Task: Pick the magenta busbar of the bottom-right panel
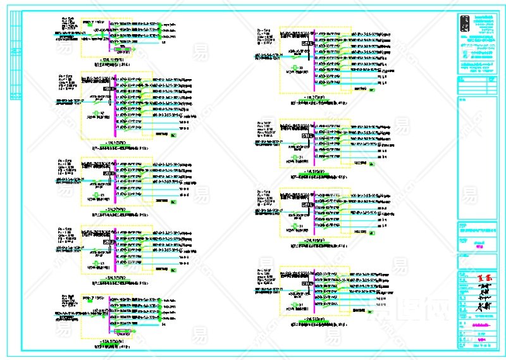click(314, 292)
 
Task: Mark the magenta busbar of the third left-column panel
click(114, 183)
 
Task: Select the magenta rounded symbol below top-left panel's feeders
click(124, 49)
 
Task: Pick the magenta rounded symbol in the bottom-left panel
click(124, 331)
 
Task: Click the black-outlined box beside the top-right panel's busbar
click(305, 43)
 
